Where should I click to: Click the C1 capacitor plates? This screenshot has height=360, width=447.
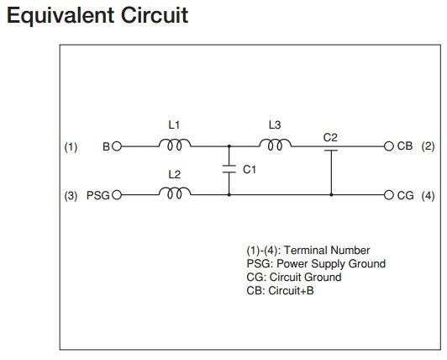[229, 169]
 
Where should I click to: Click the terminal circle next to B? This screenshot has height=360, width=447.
[117, 146]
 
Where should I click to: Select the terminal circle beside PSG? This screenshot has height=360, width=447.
[117, 195]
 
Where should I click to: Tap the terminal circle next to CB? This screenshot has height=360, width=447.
[388, 146]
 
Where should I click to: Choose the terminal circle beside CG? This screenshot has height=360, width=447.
[388, 195]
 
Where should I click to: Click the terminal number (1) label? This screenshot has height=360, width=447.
[71, 147]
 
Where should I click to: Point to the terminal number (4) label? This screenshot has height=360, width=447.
[428, 196]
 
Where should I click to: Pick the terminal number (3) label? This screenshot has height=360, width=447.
[71, 196]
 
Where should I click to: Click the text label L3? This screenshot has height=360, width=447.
[275, 124]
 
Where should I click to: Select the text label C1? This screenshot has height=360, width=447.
[250, 170]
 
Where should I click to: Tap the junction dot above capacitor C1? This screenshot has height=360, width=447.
[229, 146]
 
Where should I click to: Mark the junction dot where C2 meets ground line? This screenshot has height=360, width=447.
[331, 195]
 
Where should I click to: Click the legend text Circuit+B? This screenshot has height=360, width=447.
[291, 291]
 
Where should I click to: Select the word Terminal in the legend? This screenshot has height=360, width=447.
[303, 251]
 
